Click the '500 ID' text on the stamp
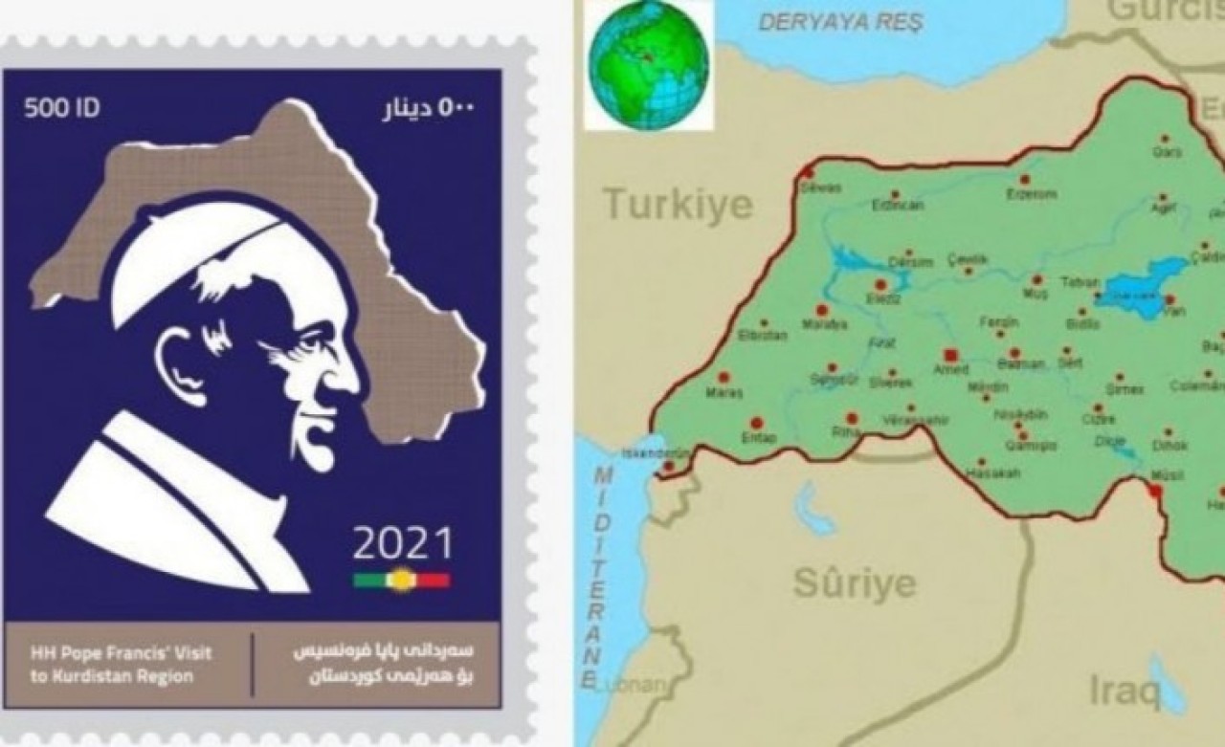point(61,108)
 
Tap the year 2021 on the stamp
point(403,543)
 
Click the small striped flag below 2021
point(402,580)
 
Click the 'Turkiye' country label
point(678,204)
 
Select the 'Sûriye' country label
point(855,582)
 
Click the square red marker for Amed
point(949,353)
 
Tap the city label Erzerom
point(1031,193)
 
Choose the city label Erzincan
point(898,204)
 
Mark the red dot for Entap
point(756,422)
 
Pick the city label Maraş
point(724,391)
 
